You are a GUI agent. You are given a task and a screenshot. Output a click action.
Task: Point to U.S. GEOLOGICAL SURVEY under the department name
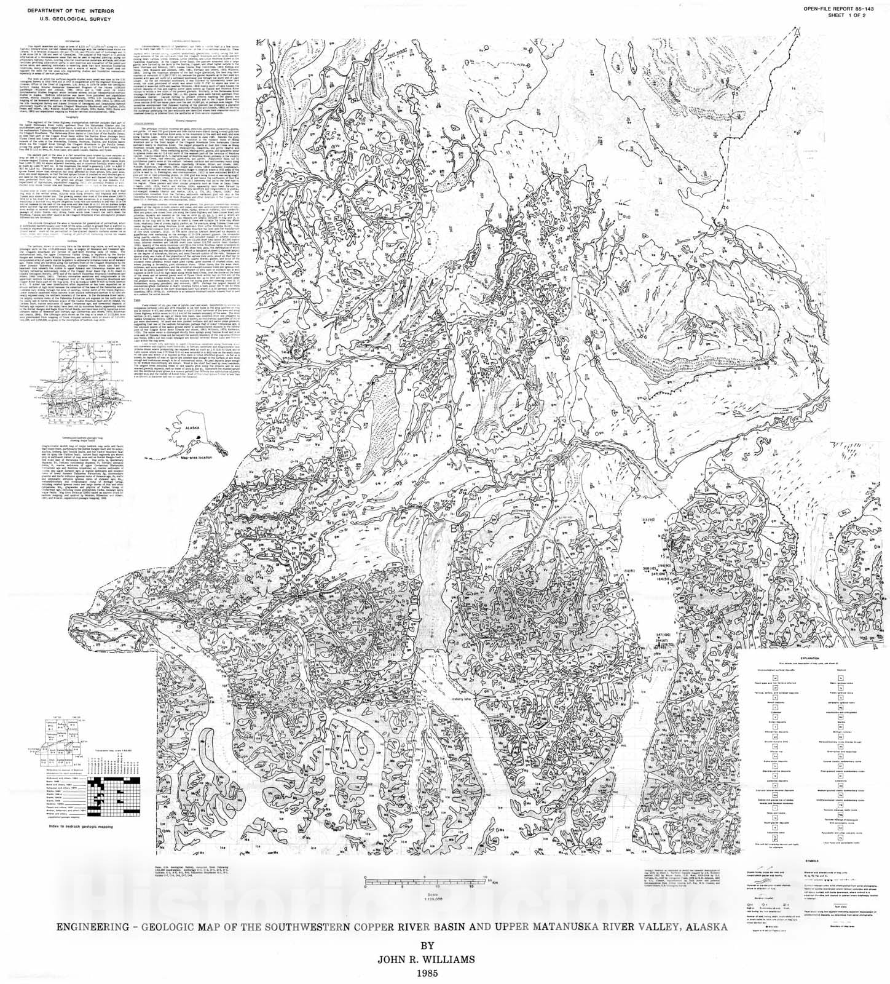55,19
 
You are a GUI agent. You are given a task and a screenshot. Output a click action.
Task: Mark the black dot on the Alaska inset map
198,437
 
